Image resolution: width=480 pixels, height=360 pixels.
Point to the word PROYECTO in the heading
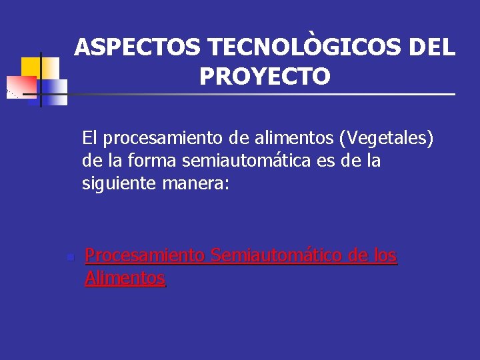click(x=264, y=77)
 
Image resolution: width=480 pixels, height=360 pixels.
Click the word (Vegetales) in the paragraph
click(x=387, y=139)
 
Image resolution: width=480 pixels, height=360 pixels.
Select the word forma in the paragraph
click(x=148, y=161)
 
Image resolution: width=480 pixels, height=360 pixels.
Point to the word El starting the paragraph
click(x=90, y=139)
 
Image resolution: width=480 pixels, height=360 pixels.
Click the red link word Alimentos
click(x=125, y=278)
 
